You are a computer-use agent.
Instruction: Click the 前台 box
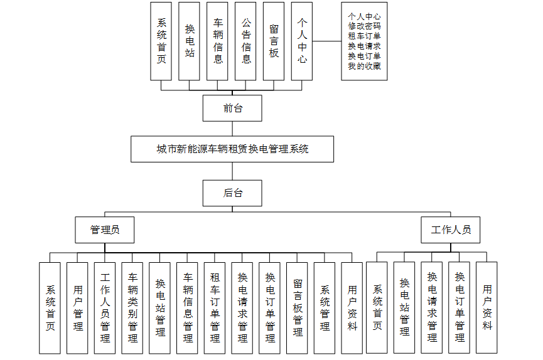pos(232,108)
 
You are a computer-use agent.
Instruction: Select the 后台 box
pos(232,193)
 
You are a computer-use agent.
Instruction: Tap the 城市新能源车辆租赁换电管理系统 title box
pos(232,149)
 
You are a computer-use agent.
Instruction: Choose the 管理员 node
pos(105,230)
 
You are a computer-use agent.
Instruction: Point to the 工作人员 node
pos(450,230)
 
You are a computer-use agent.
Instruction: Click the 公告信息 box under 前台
pos(246,41)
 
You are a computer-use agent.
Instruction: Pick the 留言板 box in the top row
pos(274,41)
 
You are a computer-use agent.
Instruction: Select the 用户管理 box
pos(78,307)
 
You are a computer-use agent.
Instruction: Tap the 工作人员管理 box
pos(105,307)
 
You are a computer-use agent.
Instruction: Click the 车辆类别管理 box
pos(133,307)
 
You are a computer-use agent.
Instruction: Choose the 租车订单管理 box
pos(215,307)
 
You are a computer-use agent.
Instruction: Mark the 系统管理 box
pos(325,307)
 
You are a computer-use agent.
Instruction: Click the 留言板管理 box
pos(298,307)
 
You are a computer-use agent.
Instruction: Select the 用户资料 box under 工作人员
pos(487,307)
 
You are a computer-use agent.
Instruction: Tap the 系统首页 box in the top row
pos(161,41)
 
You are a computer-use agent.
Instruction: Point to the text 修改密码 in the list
pos(365,26)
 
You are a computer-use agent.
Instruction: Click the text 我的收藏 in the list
pos(365,66)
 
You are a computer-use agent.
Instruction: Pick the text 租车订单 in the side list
pos(365,36)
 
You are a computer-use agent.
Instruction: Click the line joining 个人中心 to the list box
pos(326,41)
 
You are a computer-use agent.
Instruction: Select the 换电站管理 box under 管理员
pos(160,307)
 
